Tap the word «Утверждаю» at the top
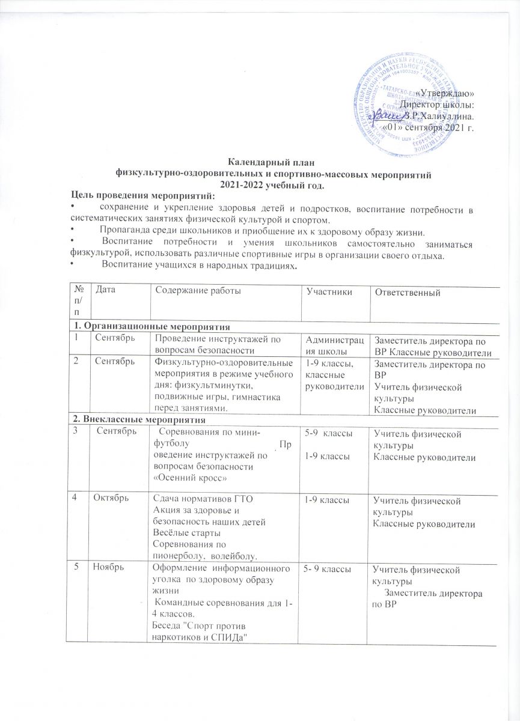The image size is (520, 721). point(445,93)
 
